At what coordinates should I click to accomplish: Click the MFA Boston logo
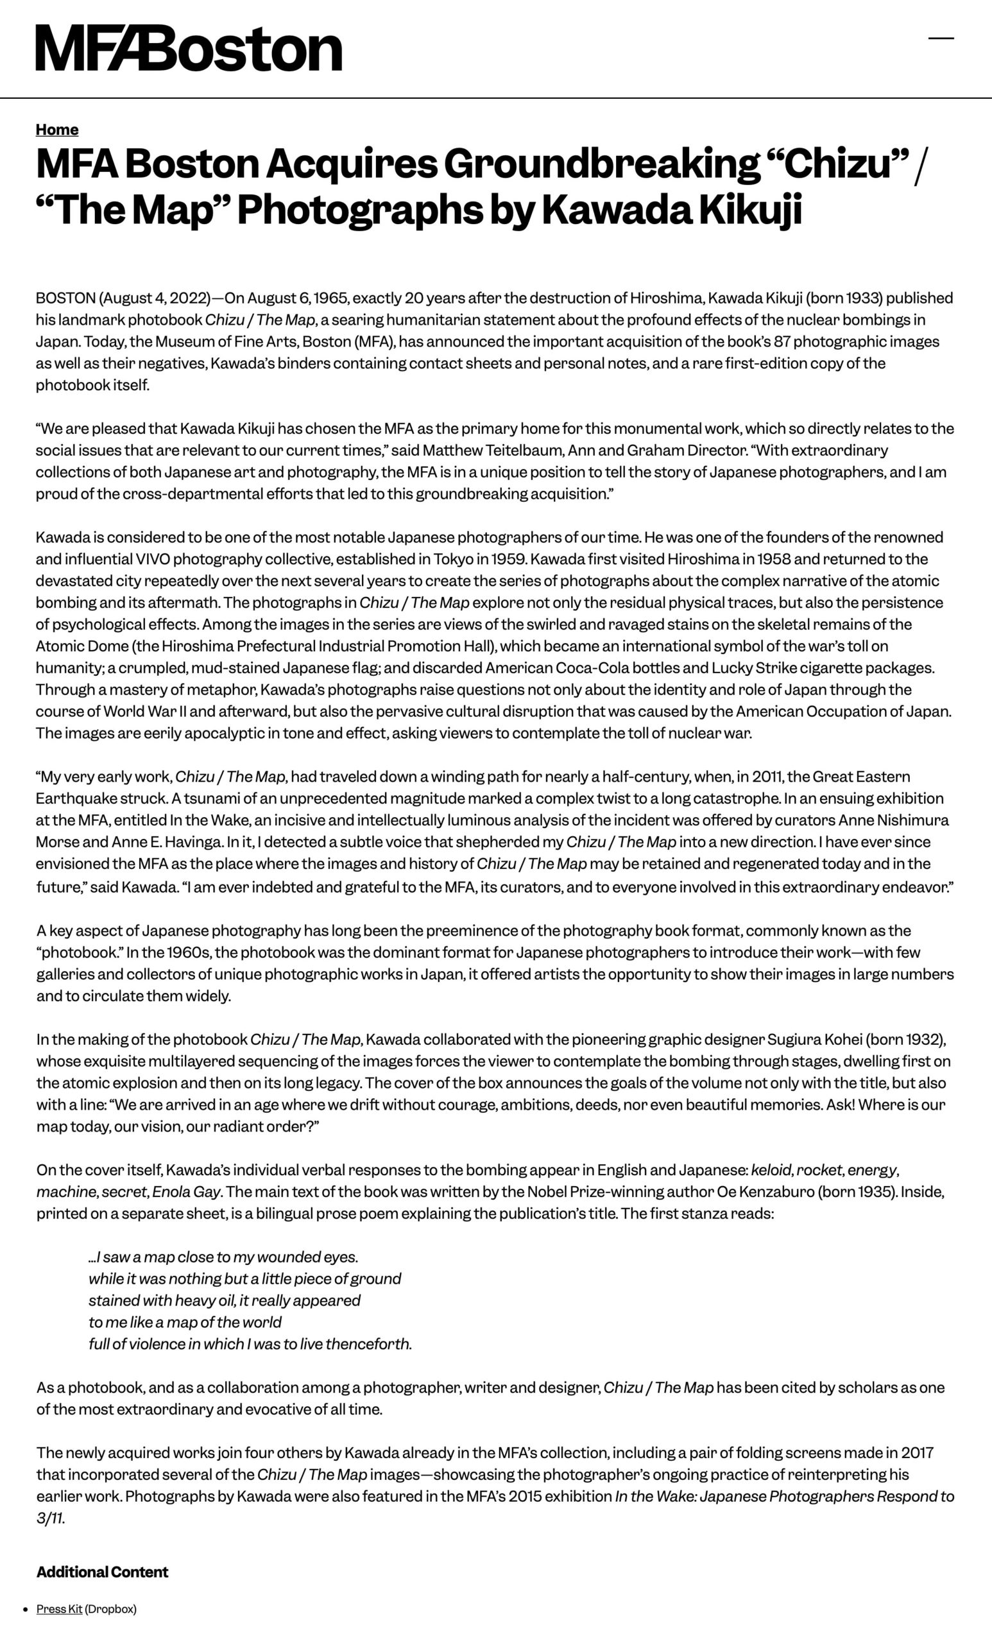[x=189, y=48]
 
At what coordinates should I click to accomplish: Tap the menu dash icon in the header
[x=941, y=39]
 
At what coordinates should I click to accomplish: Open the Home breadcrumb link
[x=57, y=130]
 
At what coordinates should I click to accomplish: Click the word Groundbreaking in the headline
[x=602, y=164]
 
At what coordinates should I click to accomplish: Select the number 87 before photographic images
[x=782, y=341]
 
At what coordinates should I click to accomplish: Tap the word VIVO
[x=153, y=559]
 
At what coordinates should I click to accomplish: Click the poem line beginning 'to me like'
[x=185, y=1321]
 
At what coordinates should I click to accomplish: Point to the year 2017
[x=917, y=1452]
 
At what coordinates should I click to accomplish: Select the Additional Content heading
[x=102, y=1572]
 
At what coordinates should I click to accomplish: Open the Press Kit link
[x=59, y=1609]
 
